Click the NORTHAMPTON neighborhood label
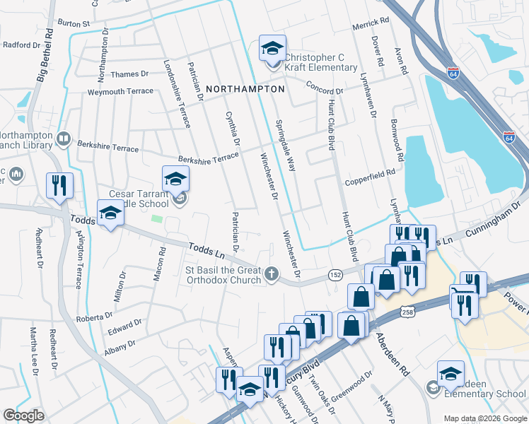pyautogui.click(x=245, y=89)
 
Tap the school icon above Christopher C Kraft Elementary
pyautogui.click(x=272, y=48)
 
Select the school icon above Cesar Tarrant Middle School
pyautogui.click(x=175, y=179)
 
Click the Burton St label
pyautogui.click(x=74, y=23)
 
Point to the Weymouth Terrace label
pyautogui.click(x=120, y=92)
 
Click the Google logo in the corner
pyautogui.click(x=23, y=416)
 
